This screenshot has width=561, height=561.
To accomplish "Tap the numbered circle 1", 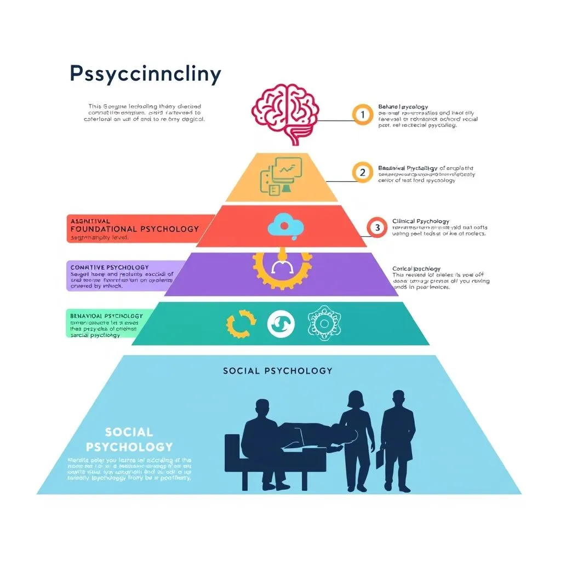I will coord(362,115).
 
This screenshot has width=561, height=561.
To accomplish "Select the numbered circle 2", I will coord(362,172).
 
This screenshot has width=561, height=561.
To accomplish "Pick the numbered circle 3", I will coord(376,227).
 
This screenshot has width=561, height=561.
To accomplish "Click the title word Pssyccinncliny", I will coord(145,74).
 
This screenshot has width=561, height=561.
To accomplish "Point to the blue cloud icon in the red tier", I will coord(282,226).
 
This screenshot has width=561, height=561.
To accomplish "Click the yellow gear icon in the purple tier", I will coord(282,268).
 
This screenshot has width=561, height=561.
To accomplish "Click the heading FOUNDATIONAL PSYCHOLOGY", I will coord(135,229).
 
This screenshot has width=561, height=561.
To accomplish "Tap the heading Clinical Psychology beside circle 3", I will coord(421,221).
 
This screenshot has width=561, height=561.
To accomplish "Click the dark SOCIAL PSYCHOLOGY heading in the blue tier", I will coord(277,371).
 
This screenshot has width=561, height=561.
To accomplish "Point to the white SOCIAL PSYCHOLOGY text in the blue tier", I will coord(129,439).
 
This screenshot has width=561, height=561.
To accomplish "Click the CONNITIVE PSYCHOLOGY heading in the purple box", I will coord(110,267).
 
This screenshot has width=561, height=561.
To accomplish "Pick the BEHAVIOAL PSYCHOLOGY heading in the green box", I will coord(106,316).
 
